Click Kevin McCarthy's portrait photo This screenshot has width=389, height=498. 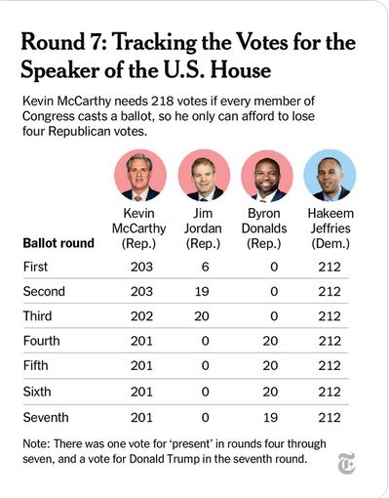pyautogui.click(x=140, y=176)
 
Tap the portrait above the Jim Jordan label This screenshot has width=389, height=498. pyautogui.click(x=204, y=176)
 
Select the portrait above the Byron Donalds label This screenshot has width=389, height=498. pyautogui.click(x=267, y=176)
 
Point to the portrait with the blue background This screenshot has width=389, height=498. pyautogui.click(x=330, y=176)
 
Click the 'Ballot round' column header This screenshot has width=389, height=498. pyautogui.click(x=58, y=243)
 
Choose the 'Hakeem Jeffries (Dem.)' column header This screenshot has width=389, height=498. pyautogui.click(x=331, y=228)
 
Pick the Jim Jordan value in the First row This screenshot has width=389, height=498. pyautogui.click(x=205, y=267)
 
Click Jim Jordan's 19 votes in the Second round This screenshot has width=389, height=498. pyautogui.click(x=202, y=291)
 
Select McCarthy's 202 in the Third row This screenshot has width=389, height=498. pyautogui.click(x=141, y=316)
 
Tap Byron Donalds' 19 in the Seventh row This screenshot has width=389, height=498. pyautogui.click(x=270, y=417)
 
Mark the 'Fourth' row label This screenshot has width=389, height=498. pyautogui.click(x=41, y=341)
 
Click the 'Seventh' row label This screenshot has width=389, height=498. pyautogui.click(x=46, y=417)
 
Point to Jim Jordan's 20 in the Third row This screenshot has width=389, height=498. pyautogui.click(x=202, y=316)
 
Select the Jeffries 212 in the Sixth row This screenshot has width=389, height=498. pyautogui.click(x=330, y=392)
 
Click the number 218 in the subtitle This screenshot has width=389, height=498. pyautogui.click(x=163, y=102)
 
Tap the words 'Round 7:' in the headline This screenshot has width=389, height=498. pyautogui.click(x=63, y=42)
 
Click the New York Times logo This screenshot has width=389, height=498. pyautogui.click(x=346, y=463)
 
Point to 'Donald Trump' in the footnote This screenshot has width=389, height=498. pyautogui.click(x=164, y=459)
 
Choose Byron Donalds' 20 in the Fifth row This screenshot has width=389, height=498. pyautogui.click(x=270, y=365)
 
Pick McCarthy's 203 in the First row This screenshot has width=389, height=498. pyautogui.click(x=141, y=267)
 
